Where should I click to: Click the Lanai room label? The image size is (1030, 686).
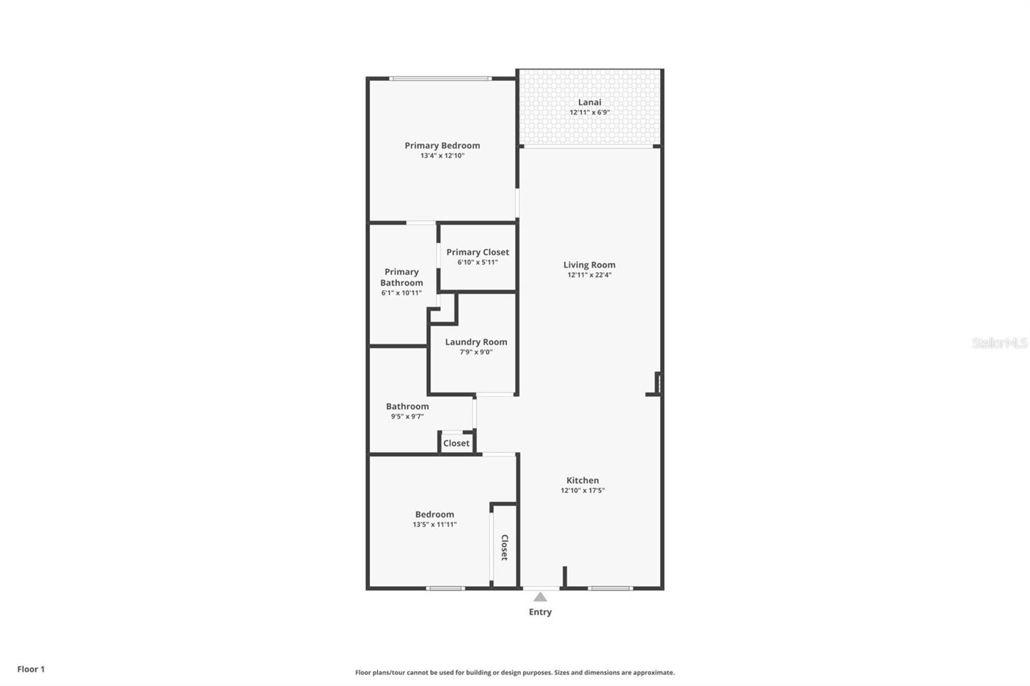coord(589,102)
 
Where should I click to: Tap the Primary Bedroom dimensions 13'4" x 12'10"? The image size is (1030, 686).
coord(442,156)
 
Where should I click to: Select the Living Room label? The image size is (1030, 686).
coord(589,264)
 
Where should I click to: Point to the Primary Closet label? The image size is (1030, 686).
coord(478,252)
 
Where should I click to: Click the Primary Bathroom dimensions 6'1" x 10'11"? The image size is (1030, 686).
coord(401,293)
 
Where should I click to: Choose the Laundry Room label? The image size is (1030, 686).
coord(476,342)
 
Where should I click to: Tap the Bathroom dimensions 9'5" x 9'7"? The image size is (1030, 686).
coord(407,416)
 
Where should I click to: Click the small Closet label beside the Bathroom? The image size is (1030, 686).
coord(456,443)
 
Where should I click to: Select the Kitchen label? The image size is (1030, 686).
coord(583,480)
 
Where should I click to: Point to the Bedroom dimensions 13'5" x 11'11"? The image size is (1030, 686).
coord(435,524)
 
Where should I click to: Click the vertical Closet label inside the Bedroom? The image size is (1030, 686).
coord(505,547)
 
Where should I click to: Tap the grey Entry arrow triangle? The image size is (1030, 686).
coord(540,597)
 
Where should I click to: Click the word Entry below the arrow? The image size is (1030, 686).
coord(540,612)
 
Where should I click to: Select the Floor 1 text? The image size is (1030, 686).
coord(31,669)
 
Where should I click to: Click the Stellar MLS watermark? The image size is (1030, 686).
coord(999,343)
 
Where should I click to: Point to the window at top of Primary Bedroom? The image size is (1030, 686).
coord(440,79)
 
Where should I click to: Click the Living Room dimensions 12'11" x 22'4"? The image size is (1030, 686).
coord(589,275)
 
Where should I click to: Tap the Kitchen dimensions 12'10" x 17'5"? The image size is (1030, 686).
coord(583,490)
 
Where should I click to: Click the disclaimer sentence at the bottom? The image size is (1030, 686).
coord(515,672)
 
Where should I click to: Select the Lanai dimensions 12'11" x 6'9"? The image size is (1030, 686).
coord(589,112)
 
